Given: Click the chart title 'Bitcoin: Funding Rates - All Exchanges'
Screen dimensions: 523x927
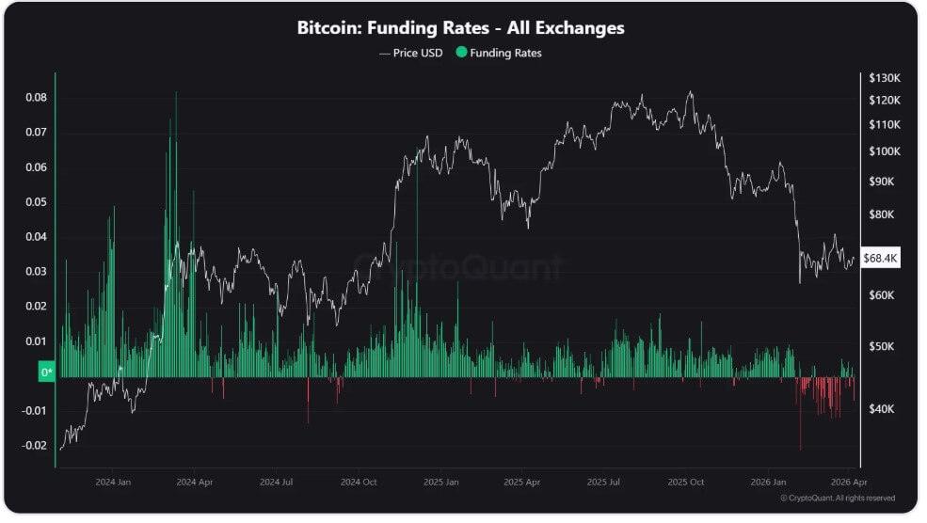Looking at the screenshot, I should (x=460, y=28).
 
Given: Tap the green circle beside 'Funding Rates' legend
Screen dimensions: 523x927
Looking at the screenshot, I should (x=460, y=54).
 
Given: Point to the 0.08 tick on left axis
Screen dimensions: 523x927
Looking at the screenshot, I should (x=36, y=98).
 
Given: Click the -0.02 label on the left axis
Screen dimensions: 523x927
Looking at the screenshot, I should (x=34, y=446).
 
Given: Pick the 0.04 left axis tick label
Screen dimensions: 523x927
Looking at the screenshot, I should (x=36, y=237).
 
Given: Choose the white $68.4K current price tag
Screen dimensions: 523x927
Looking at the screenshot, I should (x=880, y=259).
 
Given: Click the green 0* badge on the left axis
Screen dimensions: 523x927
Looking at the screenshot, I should (x=46, y=372).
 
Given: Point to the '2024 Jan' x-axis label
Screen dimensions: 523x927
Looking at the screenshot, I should (x=112, y=482).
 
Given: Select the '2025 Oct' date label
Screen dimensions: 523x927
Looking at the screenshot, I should (x=684, y=482).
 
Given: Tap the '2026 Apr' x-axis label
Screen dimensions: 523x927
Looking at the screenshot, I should (x=850, y=482).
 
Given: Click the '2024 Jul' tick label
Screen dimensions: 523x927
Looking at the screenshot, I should (x=275, y=482).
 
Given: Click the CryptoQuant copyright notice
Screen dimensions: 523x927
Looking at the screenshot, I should (x=838, y=498).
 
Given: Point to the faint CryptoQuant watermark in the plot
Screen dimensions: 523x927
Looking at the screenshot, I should (x=458, y=268).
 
